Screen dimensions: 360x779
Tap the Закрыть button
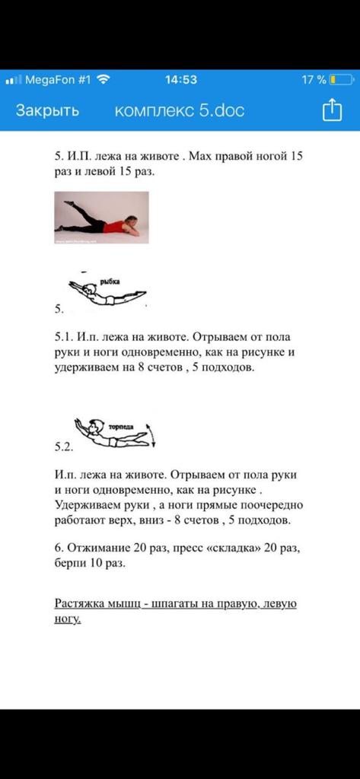pos(47,110)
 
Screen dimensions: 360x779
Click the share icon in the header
pos(332,110)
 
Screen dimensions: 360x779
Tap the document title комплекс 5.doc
pos(180,110)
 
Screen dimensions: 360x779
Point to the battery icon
pos(341,79)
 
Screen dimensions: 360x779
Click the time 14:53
pos(180,79)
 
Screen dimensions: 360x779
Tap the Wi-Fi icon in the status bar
pos(104,79)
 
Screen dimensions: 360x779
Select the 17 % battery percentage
pos(314,79)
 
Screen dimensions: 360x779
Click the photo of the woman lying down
pos(101,218)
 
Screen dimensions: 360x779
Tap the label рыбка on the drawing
pos(114,281)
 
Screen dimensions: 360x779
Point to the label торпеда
pos(121,426)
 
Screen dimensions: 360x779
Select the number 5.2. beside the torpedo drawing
pos(64,447)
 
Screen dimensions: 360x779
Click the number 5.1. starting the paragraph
pos(64,337)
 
